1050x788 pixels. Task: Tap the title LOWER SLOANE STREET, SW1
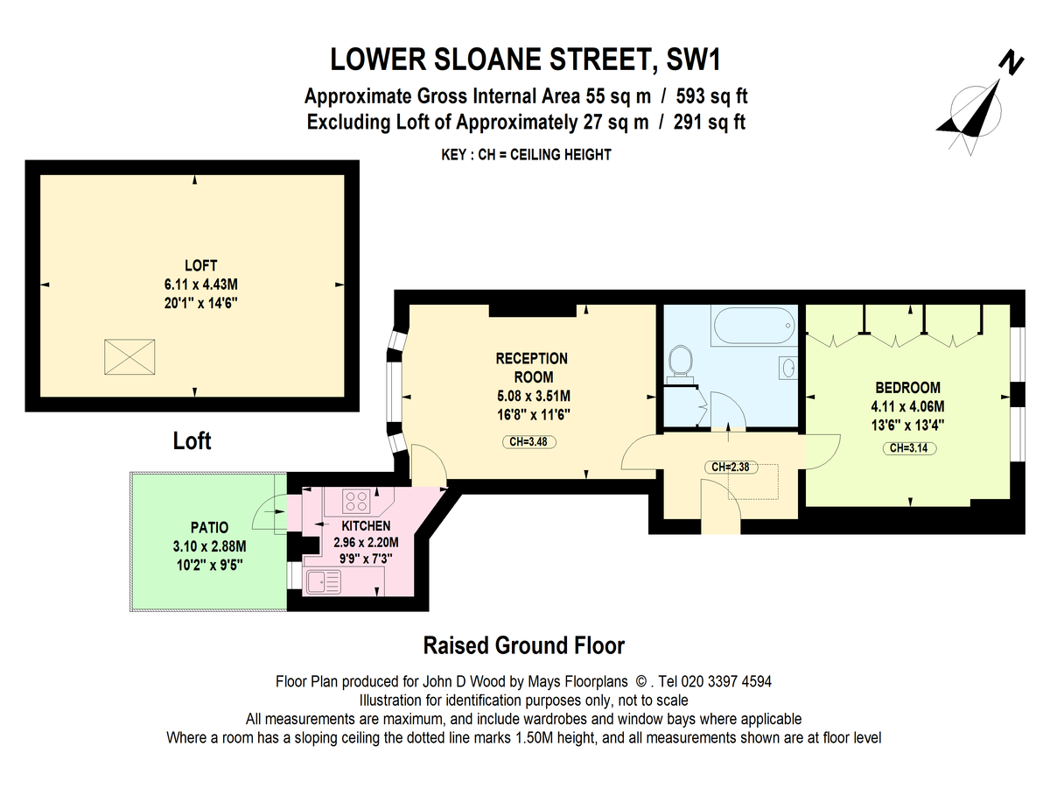point(528,60)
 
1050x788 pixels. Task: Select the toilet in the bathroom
point(680,361)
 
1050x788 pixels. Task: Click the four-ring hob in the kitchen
point(355,501)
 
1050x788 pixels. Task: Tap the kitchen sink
point(325,580)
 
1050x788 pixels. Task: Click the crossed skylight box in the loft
point(129,355)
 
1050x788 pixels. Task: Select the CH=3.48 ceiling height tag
point(528,441)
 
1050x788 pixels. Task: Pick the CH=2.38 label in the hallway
point(729,468)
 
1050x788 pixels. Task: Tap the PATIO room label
point(209,527)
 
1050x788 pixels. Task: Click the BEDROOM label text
point(907,388)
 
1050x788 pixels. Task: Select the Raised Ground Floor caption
point(524,646)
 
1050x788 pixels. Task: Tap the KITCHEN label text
point(366,526)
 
